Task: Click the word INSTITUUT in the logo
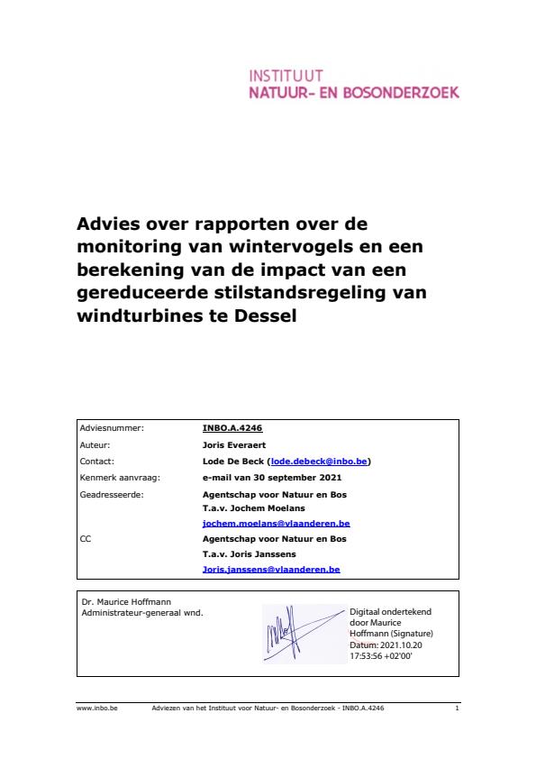click(x=285, y=77)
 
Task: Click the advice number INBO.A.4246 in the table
click(x=232, y=429)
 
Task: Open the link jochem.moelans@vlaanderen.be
click(x=276, y=523)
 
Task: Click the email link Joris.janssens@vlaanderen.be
click(x=271, y=570)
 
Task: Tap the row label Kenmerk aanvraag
click(x=112, y=477)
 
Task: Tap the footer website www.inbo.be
click(x=93, y=709)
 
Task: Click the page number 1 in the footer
click(x=458, y=709)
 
